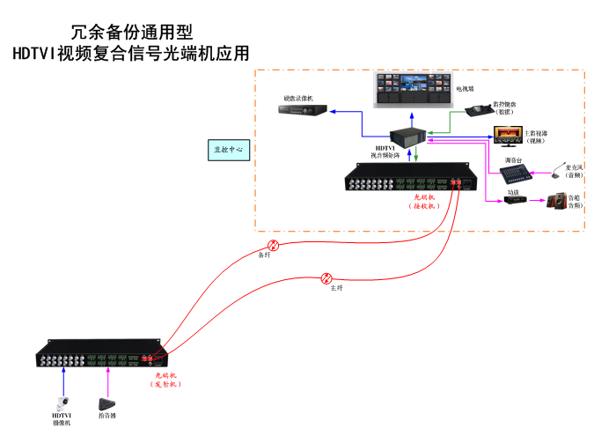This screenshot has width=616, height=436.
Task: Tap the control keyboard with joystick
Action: pos(479,114)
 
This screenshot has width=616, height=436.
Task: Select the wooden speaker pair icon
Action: pos(557,202)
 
